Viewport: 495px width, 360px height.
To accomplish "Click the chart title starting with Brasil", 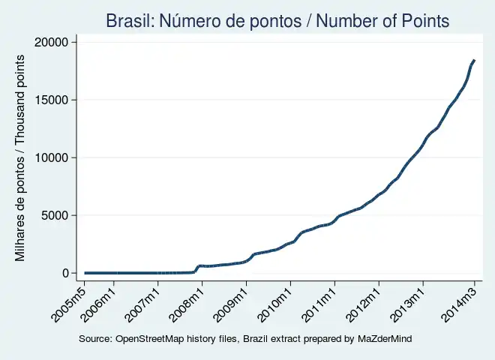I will point(277,21).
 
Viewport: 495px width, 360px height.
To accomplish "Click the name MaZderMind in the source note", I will point(384,340).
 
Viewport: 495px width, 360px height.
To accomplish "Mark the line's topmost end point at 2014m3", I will point(474,60).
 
